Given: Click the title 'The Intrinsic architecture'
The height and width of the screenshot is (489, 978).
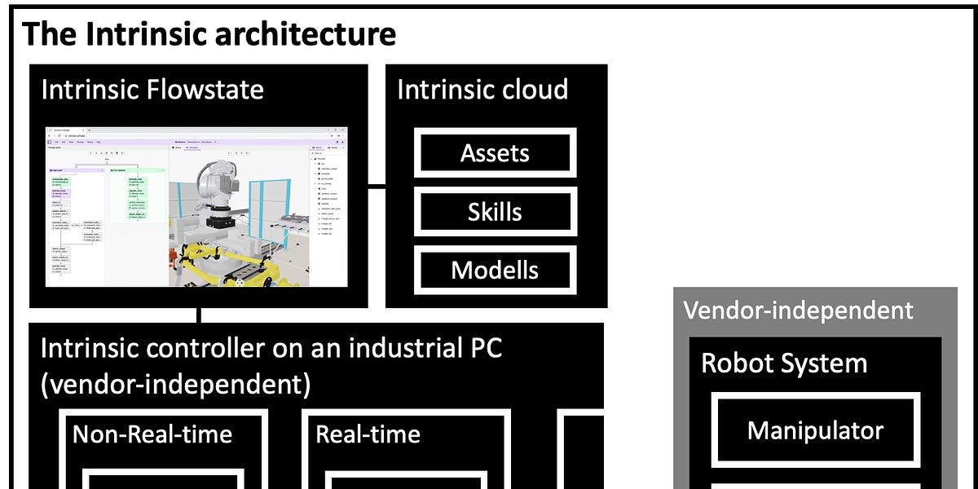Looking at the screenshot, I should click(x=209, y=35).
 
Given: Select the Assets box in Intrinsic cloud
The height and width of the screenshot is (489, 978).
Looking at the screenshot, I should click(x=495, y=152).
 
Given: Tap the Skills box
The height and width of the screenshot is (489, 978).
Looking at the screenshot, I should click(x=495, y=212).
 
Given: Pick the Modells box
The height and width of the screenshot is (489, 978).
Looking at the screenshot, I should click(x=495, y=270).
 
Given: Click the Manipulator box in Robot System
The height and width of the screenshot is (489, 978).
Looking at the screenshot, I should click(x=815, y=430).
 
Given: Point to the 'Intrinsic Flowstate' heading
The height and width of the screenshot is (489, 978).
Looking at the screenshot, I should click(x=152, y=89).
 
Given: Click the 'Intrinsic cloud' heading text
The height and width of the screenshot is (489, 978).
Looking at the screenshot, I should click(x=482, y=89).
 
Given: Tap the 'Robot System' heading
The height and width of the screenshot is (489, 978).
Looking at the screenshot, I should click(x=784, y=363).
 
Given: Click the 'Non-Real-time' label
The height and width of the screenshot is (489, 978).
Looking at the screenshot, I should click(x=152, y=434).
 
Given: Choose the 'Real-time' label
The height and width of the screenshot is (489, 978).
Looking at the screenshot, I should click(x=368, y=434).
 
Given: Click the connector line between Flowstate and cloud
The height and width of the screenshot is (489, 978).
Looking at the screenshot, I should click(x=376, y=187).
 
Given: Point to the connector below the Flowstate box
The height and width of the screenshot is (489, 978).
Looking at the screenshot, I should click(x=199, y=315).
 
